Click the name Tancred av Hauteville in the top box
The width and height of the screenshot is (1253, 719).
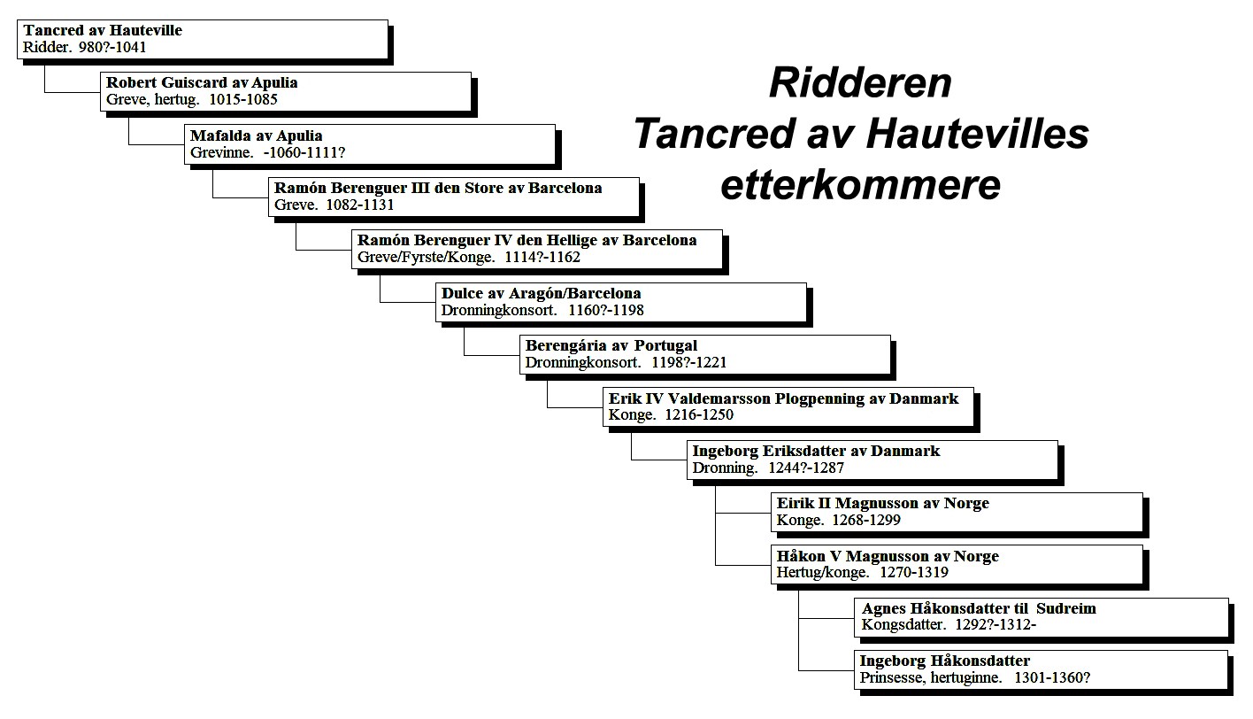(103, 30)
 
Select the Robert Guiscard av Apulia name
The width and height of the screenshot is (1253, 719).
(202, 83)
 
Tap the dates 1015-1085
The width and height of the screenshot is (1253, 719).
(243, 99)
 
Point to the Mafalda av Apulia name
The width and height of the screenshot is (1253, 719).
(257, 136)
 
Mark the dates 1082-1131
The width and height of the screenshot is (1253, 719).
(360, 205)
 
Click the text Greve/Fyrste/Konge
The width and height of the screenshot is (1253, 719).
(427, 258)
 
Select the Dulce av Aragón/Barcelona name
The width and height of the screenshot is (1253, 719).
(541, 293)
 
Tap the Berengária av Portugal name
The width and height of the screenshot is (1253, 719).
(611, 346)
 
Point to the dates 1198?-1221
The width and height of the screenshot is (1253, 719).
(689, 362)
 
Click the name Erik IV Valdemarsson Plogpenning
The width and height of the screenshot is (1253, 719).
(736, 399)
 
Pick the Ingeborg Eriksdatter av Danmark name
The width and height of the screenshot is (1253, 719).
(816, 451)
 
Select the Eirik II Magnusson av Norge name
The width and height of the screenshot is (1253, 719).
(883, 504)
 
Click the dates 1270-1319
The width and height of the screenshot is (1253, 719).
(914, 572)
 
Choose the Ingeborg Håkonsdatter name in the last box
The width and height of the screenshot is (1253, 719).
(945, 661)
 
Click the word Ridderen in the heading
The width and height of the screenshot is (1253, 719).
(860, 83)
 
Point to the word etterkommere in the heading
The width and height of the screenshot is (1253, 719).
(860, 185)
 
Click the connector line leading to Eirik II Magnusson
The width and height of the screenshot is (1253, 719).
(742, 513)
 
